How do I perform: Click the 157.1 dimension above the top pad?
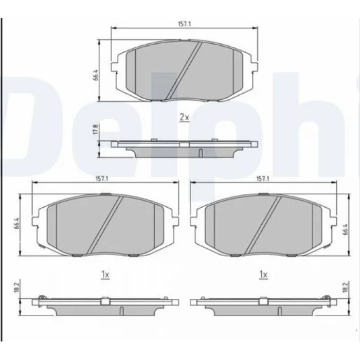point(184,24)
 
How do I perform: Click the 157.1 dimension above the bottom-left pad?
point(102,179)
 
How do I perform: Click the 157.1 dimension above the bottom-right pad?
point(263,179)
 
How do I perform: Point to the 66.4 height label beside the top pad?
point(96,75)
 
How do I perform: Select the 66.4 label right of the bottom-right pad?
point(346,229)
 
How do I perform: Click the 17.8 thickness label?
point(96,130)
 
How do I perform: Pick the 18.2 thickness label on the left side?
point(16,287)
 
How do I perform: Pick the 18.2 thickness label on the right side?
point(345,287)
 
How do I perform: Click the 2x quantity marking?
point(184,118)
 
